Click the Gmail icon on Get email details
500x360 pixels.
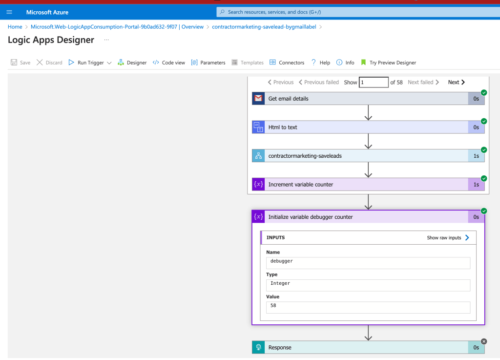point(258,99)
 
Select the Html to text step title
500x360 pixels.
point(283,127)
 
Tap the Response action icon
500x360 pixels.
point(258,347)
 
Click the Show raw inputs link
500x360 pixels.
point(448,237)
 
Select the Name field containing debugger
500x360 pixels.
point(368,263)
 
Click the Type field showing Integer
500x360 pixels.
point(368,285)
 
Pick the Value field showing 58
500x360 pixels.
point(368,307)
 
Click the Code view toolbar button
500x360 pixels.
point(168,63)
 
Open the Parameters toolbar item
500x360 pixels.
point(208,63)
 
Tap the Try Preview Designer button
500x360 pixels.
point(388,63)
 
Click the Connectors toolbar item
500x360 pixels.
point(287,63)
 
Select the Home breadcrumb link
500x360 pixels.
point(15,27)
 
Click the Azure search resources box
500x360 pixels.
point(358,12)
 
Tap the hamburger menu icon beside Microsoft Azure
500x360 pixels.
point(9,12)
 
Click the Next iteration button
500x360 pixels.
point(457,82)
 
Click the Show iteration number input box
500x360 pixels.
point(374,82)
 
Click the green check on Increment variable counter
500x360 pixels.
point(484,179)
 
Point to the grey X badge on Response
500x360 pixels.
point(484,341)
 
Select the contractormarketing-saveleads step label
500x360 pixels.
point(305,156)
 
